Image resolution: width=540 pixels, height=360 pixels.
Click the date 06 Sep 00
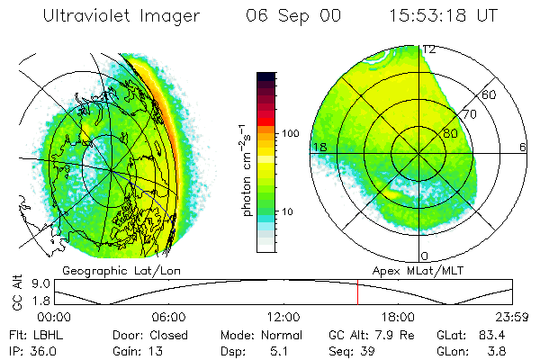(281, 16)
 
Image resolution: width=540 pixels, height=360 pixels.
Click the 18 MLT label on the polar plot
(319, 147)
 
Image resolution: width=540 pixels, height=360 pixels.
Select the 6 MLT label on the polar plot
(523, 147)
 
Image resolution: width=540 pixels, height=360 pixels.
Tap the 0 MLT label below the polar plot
(424, 256)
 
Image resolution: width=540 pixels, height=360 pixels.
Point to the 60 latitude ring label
(490, 94)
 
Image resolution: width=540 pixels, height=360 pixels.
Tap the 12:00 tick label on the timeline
(283, 317)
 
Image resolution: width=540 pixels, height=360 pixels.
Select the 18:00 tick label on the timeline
(398, 317)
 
